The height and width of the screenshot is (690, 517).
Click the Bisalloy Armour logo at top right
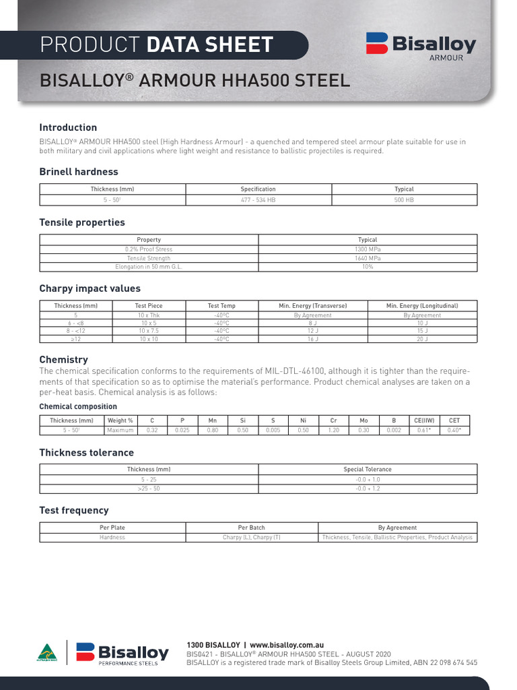coord(421,46)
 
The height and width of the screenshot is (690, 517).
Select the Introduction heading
coord(68,127)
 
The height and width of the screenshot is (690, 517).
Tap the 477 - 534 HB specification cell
coord(258,200)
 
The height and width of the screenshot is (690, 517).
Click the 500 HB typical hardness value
coord(404,200)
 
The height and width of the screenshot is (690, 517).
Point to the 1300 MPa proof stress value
coord(368,249)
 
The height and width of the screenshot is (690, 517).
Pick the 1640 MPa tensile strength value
coord(368,258)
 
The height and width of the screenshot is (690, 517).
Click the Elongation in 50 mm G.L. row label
coord(149,267)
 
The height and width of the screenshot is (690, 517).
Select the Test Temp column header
coord(221,306)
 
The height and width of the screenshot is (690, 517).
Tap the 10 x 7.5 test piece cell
coord(149,331)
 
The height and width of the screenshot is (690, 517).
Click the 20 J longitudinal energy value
coord(422,340)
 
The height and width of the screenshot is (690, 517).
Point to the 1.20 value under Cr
coord(333,430)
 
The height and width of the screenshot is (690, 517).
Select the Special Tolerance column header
coord(368,469)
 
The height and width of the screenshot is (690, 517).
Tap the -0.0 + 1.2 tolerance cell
coord(368,489)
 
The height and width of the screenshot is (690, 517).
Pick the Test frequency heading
coord(73,510)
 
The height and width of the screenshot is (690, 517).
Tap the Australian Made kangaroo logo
coord(47,654)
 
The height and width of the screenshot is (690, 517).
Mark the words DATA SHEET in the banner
coord(209,45)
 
